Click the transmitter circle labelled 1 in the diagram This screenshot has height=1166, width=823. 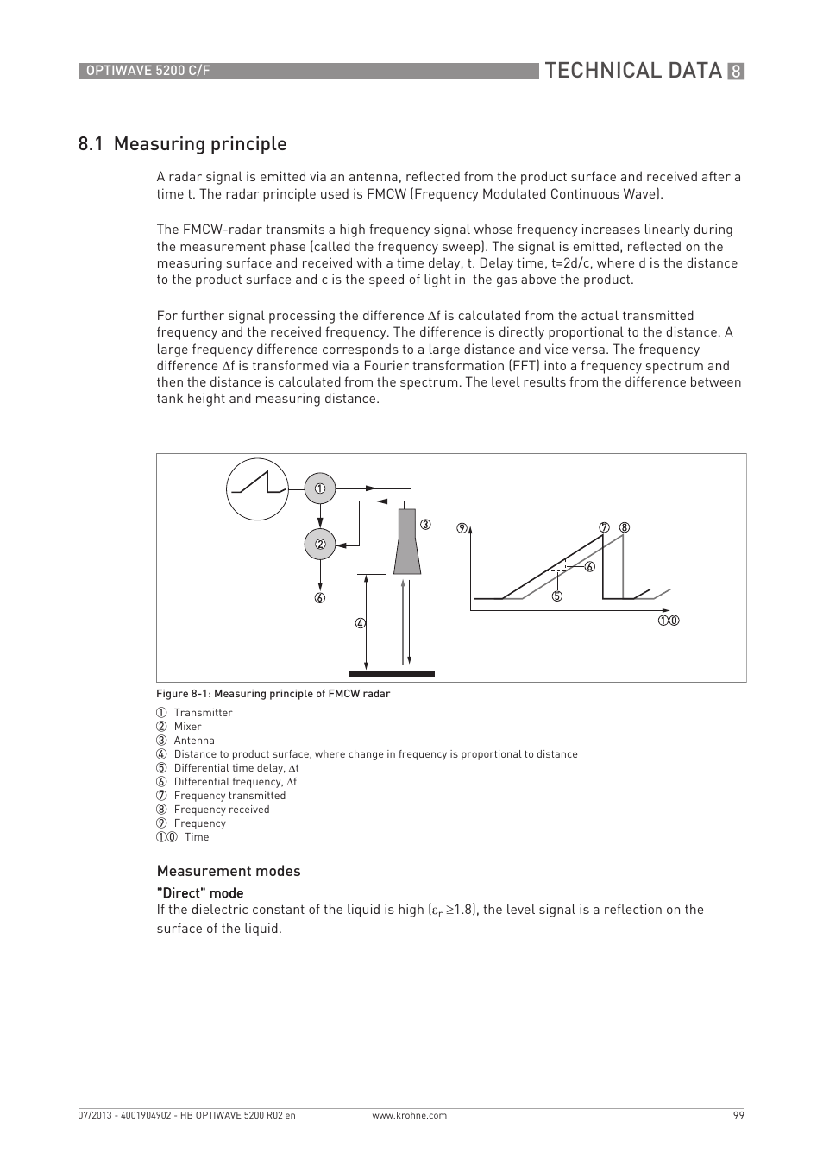click(x=320, y=488)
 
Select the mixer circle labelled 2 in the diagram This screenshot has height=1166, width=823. click(x=320, y=545)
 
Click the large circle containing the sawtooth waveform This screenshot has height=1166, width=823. click(x=257, y=488)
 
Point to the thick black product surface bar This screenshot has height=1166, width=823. click(x=392, y=673)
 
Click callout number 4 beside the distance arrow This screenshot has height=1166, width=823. click(x=361, y=623)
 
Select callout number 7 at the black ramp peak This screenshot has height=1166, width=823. click(x=605, y=527)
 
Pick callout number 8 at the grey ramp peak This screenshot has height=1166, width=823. click(x=625, y=527)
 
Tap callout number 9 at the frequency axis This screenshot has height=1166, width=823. click(x=462, y=528)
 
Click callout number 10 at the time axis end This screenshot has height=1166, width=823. click(x=669, y=621)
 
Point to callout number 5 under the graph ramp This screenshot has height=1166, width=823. click(x=557, y=596)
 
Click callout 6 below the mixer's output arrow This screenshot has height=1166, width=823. click(x=320, y=598)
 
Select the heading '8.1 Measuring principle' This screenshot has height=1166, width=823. click(x=182, y=143)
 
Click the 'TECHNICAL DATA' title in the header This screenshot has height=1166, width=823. click(x=632, y=71)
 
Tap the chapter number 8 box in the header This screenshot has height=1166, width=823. click(x=736, y=72)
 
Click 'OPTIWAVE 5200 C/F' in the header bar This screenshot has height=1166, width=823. click(x=145, y=71)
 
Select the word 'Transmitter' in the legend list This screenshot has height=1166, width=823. click(x=203, y=713)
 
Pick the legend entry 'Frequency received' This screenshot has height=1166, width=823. click(x=222, y=810)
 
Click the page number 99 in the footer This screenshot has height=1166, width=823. click(x=738, y=1115)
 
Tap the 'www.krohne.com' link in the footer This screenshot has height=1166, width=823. click(x=409, y=1115)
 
